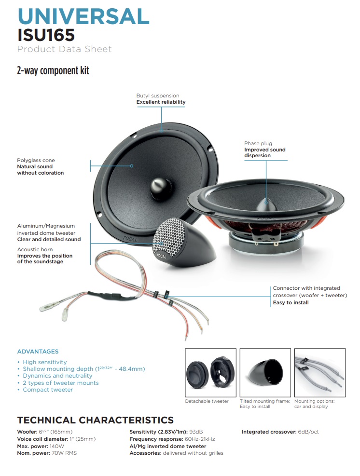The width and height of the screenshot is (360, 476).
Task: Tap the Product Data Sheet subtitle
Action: point(64,49)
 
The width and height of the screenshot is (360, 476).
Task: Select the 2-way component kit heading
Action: point(53,71)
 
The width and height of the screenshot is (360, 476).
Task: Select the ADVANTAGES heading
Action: point(38,352)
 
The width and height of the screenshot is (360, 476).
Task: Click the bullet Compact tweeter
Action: point(48,390)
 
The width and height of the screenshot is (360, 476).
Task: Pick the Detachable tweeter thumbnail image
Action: point(210,372)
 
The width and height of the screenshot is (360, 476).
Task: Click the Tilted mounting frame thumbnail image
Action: point(265,372)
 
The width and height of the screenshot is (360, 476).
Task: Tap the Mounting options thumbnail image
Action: point(320,372)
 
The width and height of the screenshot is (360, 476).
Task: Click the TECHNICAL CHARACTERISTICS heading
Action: point(95,420)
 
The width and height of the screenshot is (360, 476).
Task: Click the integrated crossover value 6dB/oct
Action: point(308,432)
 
